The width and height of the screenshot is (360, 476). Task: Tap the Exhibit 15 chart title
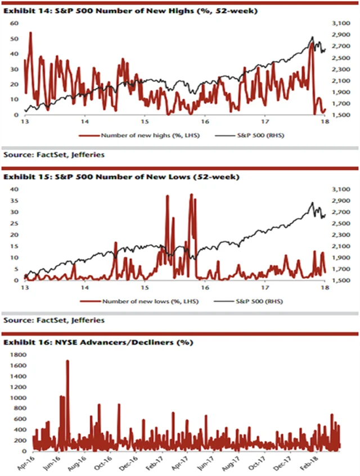click(x=121, y=177)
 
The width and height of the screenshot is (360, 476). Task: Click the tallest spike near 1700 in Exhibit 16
click(x=67, y=361)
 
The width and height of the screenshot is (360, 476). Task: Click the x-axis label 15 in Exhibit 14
click(x=145, y=121)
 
